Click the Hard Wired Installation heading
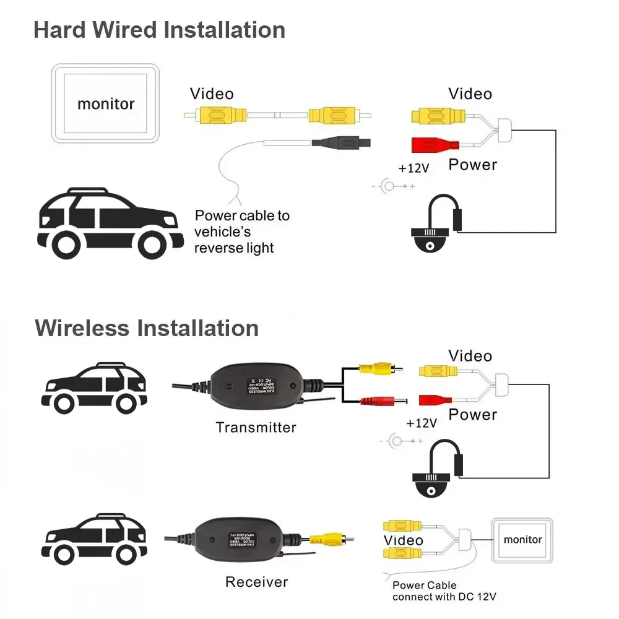pyautogui.click(x=159, y=30)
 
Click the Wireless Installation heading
pyautogui.click(x=147, y=327)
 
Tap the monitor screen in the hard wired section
pyautogui.click(x=105, y=103)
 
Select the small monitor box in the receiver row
pyautogui.click(x=522, y=540)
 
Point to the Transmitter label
pyautogui.click(x=256, y=427)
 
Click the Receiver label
pyautogui.click(x=256, y=582)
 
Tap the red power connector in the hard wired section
pyautogui.click(x=433, y=145)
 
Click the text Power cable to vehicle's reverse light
pyautogui.click(x=242, y=232)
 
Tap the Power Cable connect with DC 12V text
pyautogui.click(x=444, y=591)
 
